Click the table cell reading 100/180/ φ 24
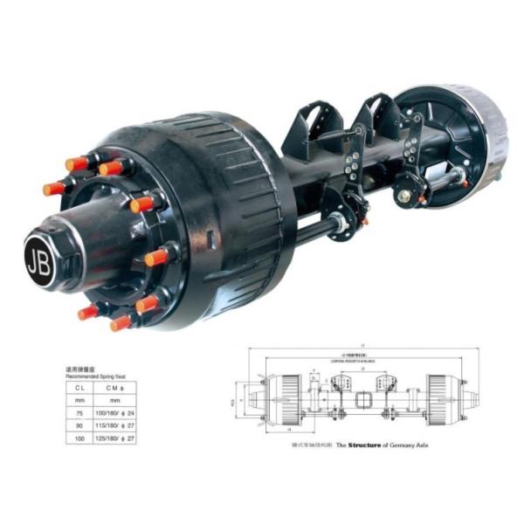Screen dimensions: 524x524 pos(117,413)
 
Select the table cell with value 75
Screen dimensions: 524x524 pos(79,413)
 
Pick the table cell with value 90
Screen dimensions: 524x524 pos(79,425)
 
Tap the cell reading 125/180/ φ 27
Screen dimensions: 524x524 pos(117,438)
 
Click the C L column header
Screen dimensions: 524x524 pos(79,388)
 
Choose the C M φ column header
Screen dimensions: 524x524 pos(116,388)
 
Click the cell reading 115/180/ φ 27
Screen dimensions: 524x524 pos(117,425)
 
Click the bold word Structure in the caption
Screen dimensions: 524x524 pos(366,445)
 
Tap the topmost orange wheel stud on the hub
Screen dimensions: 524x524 pos(109,167)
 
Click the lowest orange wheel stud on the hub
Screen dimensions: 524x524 pos(121,323)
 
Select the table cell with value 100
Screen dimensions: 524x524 pos(79,438)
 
